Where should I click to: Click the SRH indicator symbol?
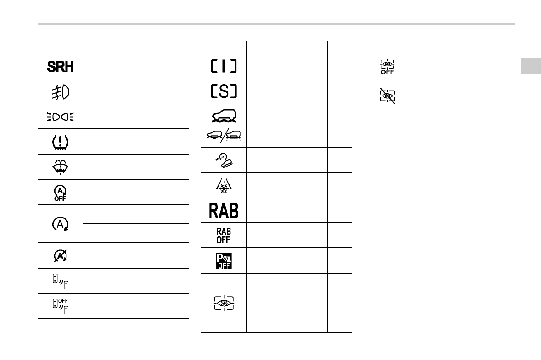click(x=61, y=66)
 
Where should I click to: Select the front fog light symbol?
click(x=61, y=92)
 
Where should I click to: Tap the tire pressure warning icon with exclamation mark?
click(x=61, y=142)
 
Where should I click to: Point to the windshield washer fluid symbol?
click(x=61, y=167)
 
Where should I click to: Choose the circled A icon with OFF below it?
click(x=60, y=193)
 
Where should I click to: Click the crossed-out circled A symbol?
click(x=61, y=255)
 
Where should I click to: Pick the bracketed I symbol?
click(x=224, y=66)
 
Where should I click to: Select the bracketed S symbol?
click(x=224, y=91)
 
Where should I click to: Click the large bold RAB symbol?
click(x=224, y=210)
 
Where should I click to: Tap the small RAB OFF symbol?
click(x=224, y=235)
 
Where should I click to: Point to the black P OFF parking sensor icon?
click(x=224, y=261)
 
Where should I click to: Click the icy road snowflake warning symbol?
click(x=224, y=185)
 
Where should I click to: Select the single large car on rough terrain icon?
click(x=224, y=116)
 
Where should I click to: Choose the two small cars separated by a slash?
click(x=224, y=135)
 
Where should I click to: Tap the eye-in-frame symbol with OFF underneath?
click(x=388, y=66)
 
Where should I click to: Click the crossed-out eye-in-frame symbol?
click(x=388, y=96)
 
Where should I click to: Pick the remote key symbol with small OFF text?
click(x=61, y=306)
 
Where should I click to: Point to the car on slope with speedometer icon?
click(x=224, y=160)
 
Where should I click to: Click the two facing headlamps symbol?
click(x=61, y=117)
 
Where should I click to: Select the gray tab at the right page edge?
click(x=531, y=66)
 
